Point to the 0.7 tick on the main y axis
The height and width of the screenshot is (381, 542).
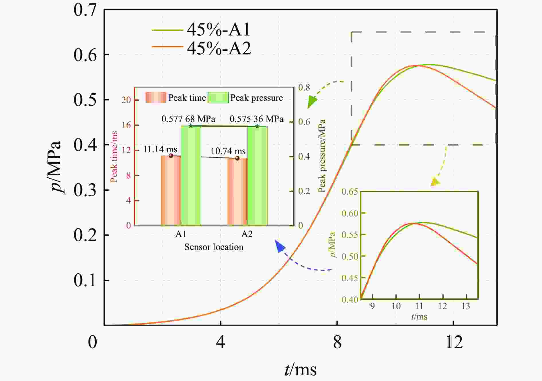coord(85,10)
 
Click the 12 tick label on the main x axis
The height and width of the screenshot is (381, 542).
coord(454,342)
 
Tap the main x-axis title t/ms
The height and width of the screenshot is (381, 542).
coord(301,369)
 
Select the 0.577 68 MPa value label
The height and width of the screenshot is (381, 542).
coord(188,119)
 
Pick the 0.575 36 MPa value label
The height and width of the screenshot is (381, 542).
coord(256,119)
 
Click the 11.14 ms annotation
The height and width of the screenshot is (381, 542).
coord(160,149)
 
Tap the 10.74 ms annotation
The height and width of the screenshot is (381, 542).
coord(228,151)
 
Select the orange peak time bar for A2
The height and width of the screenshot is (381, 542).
coord(237,192)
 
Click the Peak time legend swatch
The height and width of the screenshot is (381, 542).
coord(156,98)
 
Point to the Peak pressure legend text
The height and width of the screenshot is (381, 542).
coord(256,98)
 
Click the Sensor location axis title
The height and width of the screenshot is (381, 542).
coord(214,247)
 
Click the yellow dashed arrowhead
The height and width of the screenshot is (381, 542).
coord(435,182)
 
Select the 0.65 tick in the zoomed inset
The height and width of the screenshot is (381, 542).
coord(350,192)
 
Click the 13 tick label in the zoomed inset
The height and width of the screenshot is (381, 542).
coord(466,307)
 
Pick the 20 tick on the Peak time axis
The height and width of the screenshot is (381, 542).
coord(126,100)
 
